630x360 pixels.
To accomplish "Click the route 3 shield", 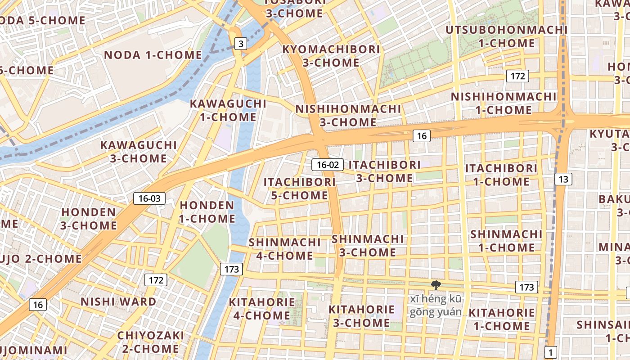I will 241,44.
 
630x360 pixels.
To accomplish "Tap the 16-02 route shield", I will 328,165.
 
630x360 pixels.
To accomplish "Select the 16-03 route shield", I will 149,198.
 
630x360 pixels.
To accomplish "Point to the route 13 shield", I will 563,179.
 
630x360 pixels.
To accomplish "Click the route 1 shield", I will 550,352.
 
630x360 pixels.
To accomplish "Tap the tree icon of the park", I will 435,285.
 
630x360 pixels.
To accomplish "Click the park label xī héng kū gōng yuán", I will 435,306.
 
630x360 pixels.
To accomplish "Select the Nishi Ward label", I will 118,301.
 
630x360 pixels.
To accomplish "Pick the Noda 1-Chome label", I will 153,55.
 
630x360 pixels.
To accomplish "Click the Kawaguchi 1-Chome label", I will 228,110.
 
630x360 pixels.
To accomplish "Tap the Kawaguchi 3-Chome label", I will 139,152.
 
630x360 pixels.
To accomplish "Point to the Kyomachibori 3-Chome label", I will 331,56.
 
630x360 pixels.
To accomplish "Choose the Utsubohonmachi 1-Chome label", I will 506,36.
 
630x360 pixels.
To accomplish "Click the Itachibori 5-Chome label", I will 300,189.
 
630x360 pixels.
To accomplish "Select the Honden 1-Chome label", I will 207,212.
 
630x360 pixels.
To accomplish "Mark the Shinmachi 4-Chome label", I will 284,249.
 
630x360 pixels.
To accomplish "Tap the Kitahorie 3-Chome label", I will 361,316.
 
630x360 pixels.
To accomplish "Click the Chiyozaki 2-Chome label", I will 151,342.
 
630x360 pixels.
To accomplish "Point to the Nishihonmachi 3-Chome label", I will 348,115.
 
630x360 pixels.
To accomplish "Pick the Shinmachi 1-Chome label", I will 506,241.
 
